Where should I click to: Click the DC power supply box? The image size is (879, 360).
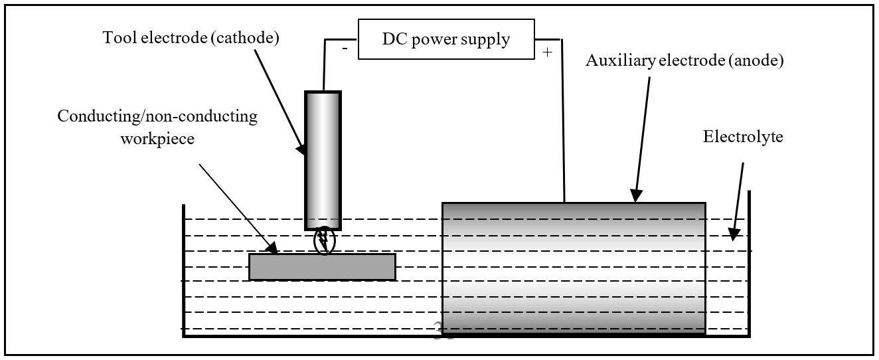[446, 39]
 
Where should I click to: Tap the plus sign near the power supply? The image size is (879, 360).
[547, 52]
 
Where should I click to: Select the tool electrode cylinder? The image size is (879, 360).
[323, 159]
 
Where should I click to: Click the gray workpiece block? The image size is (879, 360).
[322, 266]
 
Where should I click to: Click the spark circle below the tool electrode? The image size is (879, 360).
[325, 241]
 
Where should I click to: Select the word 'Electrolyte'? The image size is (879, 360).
[743, 137]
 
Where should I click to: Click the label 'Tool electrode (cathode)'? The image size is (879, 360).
[191, 38]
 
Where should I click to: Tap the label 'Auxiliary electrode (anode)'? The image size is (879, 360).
[684, 61]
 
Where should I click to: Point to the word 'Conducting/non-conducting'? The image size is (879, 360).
[157, 117]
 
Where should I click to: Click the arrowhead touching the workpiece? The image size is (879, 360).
[272, 249]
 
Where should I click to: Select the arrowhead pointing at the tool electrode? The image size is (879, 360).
[302, 149]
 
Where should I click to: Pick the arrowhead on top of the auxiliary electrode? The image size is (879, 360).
[636, 196]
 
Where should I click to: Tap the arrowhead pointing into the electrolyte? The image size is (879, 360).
[733, 234]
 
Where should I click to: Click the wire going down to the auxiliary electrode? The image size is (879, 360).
[564, 120]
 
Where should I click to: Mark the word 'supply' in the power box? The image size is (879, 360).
[487, 39]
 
